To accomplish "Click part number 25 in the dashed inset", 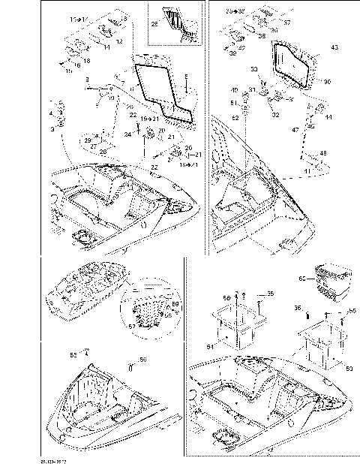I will [154, 23].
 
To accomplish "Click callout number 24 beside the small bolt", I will [127, 134].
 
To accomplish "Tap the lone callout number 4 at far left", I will [51, 113].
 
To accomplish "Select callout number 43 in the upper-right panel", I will [334, 47].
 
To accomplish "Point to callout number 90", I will [327, 81].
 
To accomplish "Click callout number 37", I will [286, 23].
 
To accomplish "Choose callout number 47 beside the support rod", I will [295, 130].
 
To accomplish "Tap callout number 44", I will [328, 118].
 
